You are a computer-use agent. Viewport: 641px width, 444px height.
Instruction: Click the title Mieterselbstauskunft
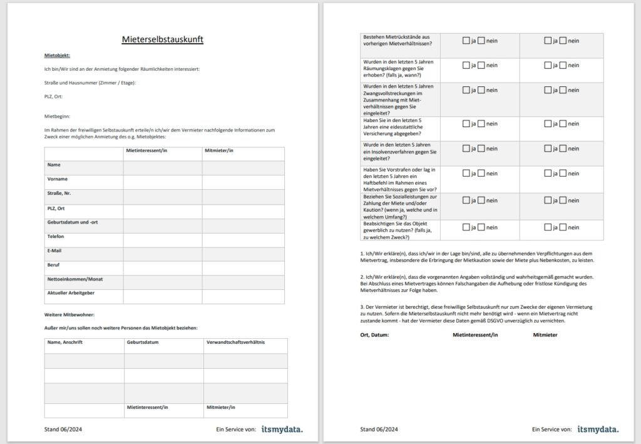162,39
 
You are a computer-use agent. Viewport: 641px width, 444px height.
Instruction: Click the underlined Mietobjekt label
57,55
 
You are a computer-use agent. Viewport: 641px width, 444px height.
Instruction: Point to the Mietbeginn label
57,116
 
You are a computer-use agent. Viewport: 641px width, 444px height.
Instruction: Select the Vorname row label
58,179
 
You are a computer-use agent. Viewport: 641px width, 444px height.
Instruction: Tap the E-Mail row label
55,250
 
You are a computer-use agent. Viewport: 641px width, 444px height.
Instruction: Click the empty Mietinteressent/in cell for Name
162,167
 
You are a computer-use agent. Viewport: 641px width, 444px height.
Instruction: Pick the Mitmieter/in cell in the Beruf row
243,267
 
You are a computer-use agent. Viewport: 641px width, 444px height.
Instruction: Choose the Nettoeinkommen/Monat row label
75,279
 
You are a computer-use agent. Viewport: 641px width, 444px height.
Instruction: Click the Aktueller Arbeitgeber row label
71,293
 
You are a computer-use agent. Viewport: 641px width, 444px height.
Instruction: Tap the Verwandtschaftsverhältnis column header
236,343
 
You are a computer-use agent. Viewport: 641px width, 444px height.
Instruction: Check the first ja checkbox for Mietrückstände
466,41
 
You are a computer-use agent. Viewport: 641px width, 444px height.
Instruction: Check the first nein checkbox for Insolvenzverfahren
481,148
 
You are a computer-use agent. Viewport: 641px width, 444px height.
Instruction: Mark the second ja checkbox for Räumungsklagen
548,65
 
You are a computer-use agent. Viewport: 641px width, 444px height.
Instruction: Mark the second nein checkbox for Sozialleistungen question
563,200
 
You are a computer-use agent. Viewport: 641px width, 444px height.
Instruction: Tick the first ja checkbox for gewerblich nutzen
466,228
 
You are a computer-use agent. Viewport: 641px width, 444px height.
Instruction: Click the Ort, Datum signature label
374,335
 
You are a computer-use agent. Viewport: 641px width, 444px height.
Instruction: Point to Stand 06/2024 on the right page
379,430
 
